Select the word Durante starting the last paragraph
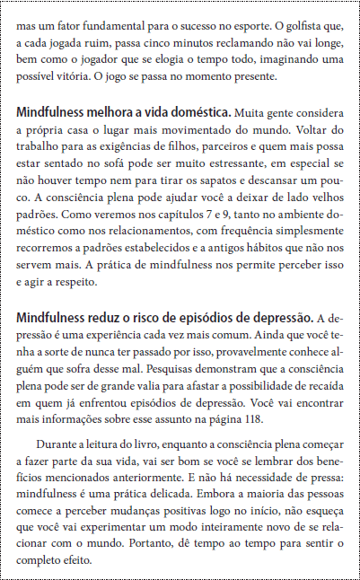point(58,444)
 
